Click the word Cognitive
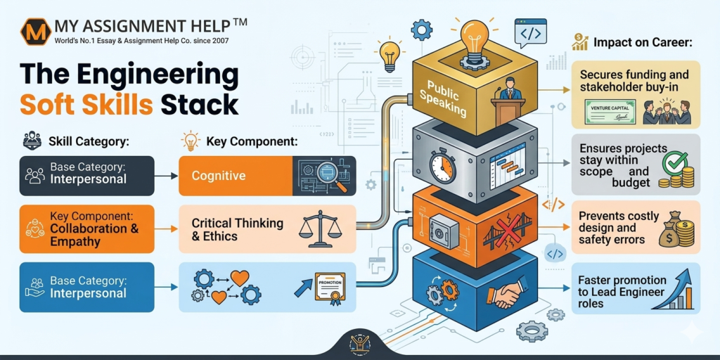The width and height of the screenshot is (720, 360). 218,176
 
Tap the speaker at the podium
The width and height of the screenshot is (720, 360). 510,91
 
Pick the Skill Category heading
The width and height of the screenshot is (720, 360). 89,141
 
